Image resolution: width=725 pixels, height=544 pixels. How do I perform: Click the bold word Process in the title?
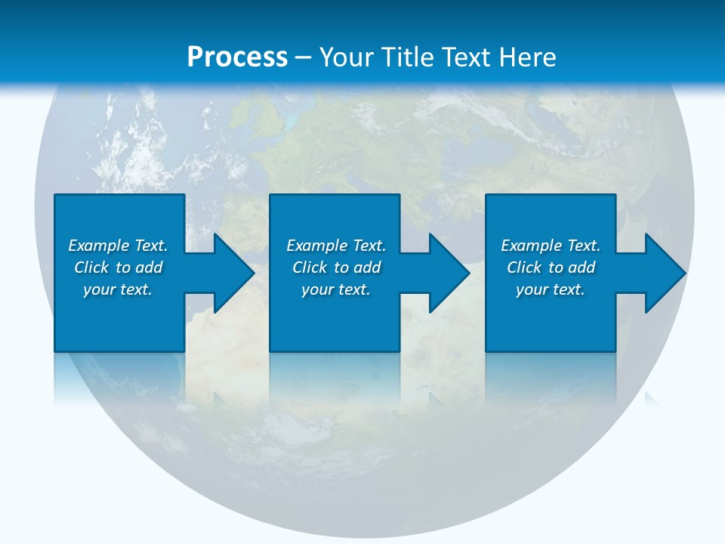(x=237, y=57)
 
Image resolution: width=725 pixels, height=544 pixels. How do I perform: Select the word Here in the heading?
(x=527, y=57)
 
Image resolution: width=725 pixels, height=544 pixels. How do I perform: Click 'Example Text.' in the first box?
(x=118, y=246)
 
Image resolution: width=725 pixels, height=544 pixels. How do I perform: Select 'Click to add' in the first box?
(x=118, y=267)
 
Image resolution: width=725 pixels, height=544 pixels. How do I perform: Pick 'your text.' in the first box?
(x=118, y=289)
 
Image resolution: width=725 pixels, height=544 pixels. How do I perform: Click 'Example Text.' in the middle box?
(x=336, y=246)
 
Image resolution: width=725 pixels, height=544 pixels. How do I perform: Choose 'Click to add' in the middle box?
(x=336, y=267)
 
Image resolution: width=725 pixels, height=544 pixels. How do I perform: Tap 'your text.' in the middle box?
(x=336, y=289)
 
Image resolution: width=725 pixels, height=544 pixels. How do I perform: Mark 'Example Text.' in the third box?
(x=551, y=246)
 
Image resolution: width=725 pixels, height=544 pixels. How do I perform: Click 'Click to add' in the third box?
(x=551, y=267)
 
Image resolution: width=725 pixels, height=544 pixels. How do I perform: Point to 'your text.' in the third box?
(x=551, y=289)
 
